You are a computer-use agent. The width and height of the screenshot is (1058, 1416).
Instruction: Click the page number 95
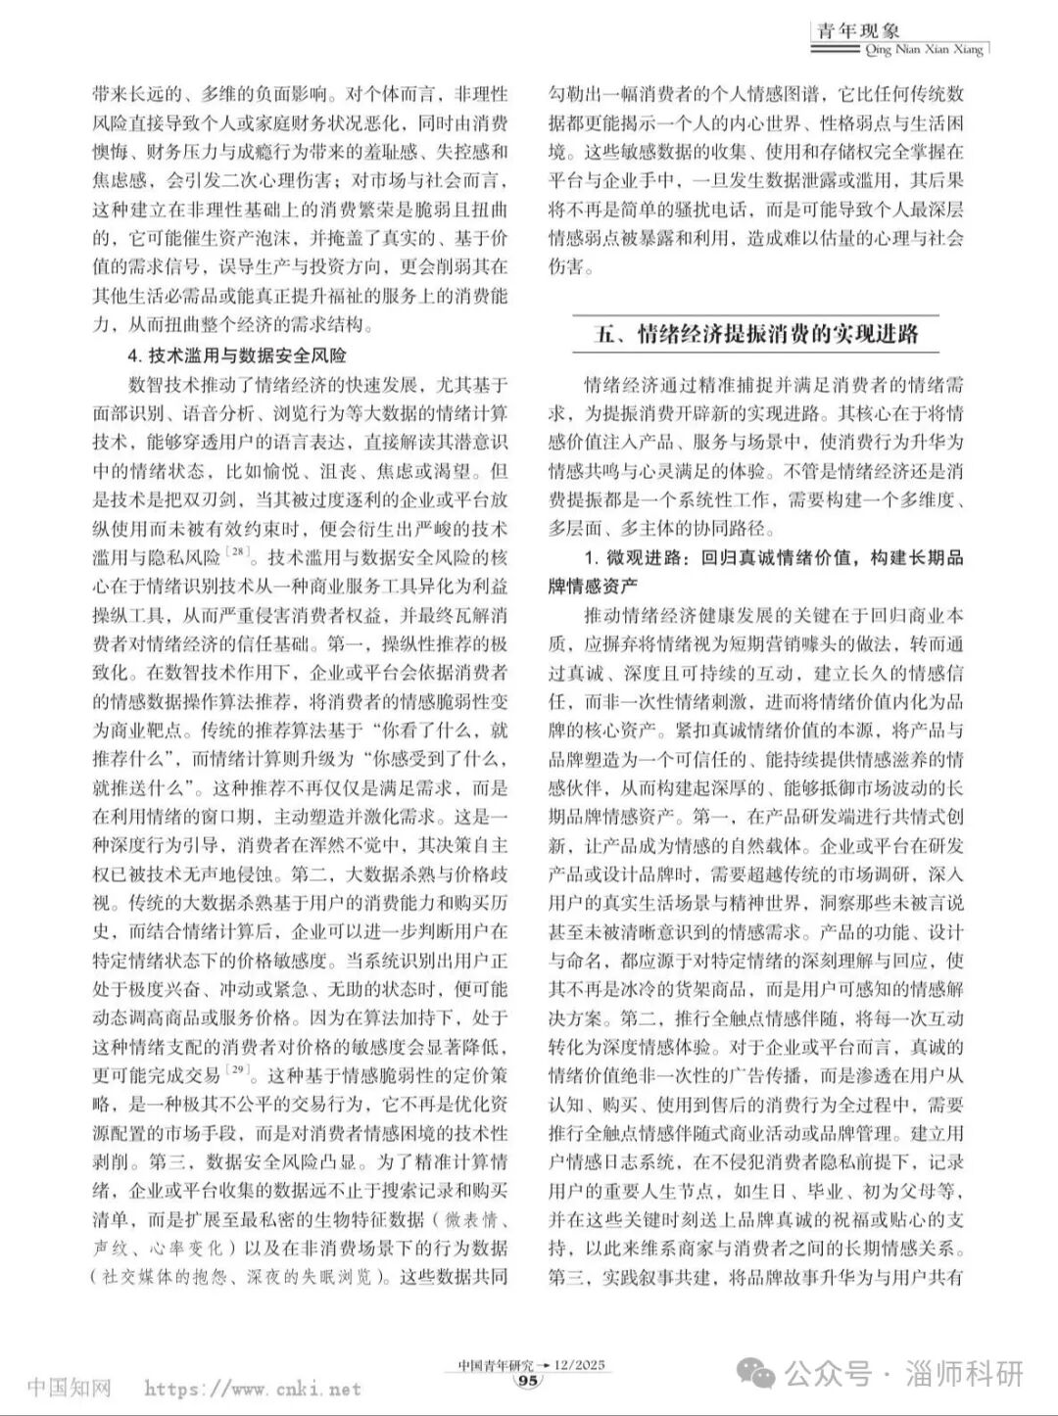pos(527,1381)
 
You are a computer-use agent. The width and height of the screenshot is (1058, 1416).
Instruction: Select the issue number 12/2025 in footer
pos(581,1364)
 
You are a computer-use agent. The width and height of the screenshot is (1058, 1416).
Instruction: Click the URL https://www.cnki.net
pos(253,1389)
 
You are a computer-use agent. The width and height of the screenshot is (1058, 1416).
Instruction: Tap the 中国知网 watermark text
pos(69,1388)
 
